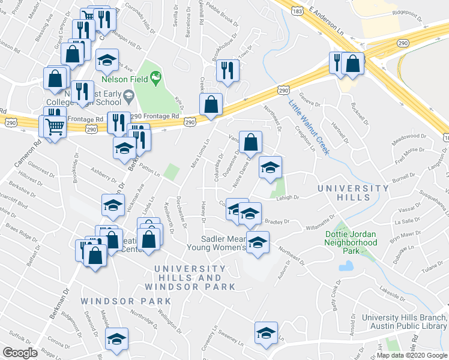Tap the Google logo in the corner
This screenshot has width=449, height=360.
(20, 353)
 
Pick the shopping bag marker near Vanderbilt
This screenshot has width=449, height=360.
(252, 142)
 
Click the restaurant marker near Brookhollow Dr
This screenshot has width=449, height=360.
(227, 70)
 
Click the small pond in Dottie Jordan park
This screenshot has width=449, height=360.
(346, 265)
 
